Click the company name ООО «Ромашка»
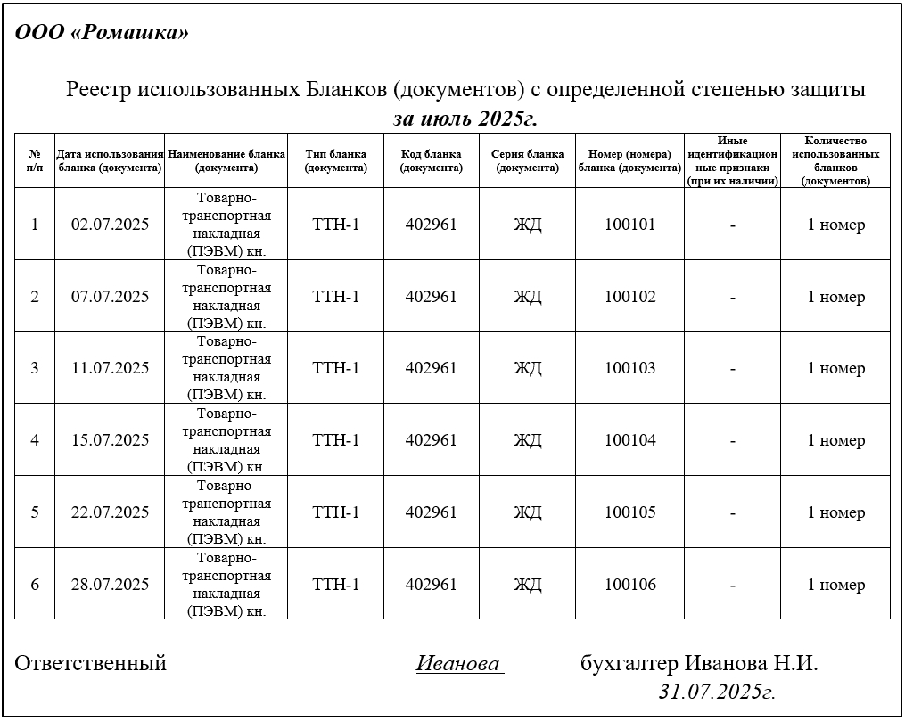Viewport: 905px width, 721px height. pyautogui.click(x=102, y=33)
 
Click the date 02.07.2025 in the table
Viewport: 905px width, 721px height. pyautogui.click(x=110, y=225)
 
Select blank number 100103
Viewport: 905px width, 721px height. pyautogui.click(x=629, y=368)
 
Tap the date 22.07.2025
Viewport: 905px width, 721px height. pyautogui.click(x=110, y=512)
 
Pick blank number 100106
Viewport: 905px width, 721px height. pyautogui.click(x=629, y=585)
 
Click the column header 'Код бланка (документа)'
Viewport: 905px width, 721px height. pyautogui.click(x=431, y=160)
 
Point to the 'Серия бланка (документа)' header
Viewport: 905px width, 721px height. pyautogui.click(x=527, y=160)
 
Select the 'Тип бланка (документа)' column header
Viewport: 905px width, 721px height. pyautogui.click(x=335, y=160)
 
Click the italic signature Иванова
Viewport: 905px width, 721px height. pyautogui.click(x=458, y=664)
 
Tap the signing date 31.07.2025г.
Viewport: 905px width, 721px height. pyautogui.click(x=717, y=691)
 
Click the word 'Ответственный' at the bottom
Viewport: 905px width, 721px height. pyautogui.click(x=91, y=663)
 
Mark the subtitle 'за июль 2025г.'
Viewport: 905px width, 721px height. pyautogui.click(x=465, y=119)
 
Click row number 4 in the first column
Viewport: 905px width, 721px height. pyautogui.click(x=35, y=440)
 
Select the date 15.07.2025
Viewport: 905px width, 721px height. pyautogui.click(x=110, y=440)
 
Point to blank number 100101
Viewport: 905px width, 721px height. pyautogui.click(x=629, y=225)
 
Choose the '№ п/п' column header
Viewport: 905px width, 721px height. pyautogui.click(x=35, y=160)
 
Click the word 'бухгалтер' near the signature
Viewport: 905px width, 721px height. pyautogui.click(x=629, y=664)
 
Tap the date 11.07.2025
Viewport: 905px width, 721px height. pyautogui.click(x=110, y=368)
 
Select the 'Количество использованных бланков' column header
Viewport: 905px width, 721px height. pyautogui.click(x=835, y=160)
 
